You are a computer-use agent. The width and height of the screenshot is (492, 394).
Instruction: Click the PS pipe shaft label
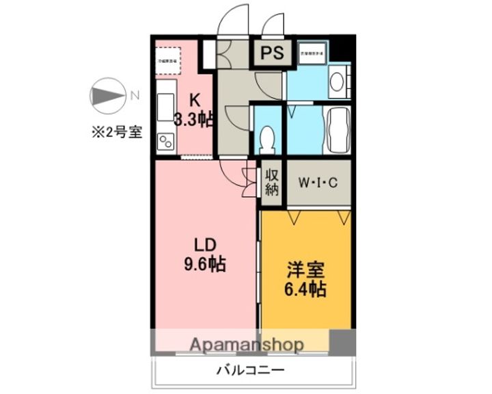(x=270, y=53)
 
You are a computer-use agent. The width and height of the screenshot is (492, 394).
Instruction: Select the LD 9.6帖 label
(x=204, y=254)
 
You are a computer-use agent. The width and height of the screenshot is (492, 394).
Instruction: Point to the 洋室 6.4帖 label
(x=305, y=280)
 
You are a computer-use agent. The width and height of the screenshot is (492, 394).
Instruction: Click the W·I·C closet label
(x=318, y=183)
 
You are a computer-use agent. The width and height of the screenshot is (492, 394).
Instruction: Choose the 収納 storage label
(x=271, y=182)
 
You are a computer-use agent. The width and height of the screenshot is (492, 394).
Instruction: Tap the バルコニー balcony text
(x=251, y=371)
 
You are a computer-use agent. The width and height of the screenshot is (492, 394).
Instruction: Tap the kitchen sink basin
(x=166, y=107)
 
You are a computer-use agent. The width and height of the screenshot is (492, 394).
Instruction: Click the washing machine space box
(x=312, y=53)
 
